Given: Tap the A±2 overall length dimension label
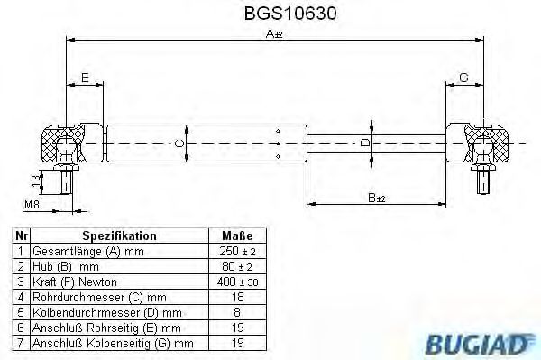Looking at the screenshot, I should [x=272, y=34].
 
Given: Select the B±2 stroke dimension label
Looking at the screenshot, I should [x=378, y=197].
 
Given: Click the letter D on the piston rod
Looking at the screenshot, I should [x=364, y=143].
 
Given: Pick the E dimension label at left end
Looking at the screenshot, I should [x=86, y=78].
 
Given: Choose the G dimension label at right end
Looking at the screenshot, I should [x=463, y=78].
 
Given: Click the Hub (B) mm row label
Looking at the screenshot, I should [x=65, y=265].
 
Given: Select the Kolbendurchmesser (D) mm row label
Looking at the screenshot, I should [x=99, y=312].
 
